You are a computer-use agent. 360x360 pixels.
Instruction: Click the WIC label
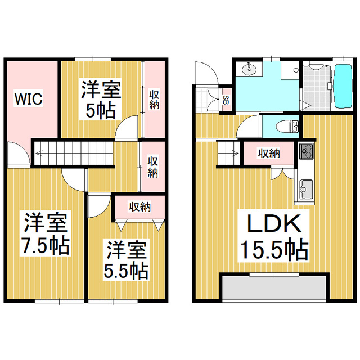[29, 99]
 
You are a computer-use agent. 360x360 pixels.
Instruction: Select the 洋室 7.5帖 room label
[46, 233]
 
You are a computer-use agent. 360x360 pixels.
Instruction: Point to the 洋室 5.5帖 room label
[126, 259]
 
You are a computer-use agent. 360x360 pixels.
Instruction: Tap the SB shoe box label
[225, 101]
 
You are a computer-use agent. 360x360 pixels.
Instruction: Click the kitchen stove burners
[306, 151]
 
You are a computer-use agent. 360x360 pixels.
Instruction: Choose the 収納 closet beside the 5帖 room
[154, 99]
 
